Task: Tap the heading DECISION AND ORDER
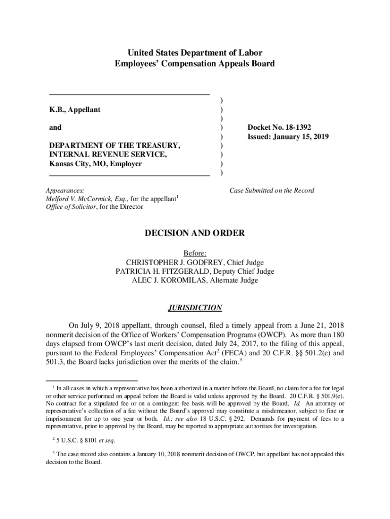195,234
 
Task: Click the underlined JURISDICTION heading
195,308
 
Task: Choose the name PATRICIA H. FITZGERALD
167,271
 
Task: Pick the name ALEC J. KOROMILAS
171,280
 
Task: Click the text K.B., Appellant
74,109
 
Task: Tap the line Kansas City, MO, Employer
95,164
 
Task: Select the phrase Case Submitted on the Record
271,191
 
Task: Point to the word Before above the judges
195,253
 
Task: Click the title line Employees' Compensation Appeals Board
195,64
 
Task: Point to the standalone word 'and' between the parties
55,128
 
